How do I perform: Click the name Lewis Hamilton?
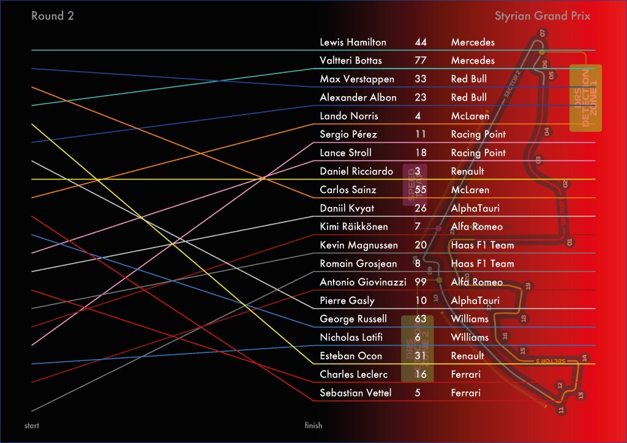click(x=353, y=42)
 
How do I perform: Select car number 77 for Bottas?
click(x=420, y=61)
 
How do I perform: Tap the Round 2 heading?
click(x=53, y=16)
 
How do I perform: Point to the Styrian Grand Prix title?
click(x=543, y=16)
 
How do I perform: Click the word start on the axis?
click(x=31, y=425)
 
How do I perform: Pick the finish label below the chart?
click(x=313, y=425)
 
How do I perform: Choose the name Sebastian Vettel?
click(x=355, y=393)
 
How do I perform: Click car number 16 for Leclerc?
click(x=420, y=374)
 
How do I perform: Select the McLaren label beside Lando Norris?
click(x=470, y=116)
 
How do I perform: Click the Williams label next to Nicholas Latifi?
click(x=470, y=338)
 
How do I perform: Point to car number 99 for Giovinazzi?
click(x=420, y=282)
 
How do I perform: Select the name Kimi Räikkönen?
click(x=354, y=227)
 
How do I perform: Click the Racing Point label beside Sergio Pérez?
click(x=478, y=134)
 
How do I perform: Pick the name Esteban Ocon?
click(x=351, y=356)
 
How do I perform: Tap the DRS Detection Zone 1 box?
click(x=585, y=98)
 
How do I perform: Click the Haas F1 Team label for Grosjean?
click(x=482, y=263)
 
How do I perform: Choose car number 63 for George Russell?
click(x=420, y=319)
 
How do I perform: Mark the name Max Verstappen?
click(x=357, y=79)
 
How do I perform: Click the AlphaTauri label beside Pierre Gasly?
click(x=475, y=300)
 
